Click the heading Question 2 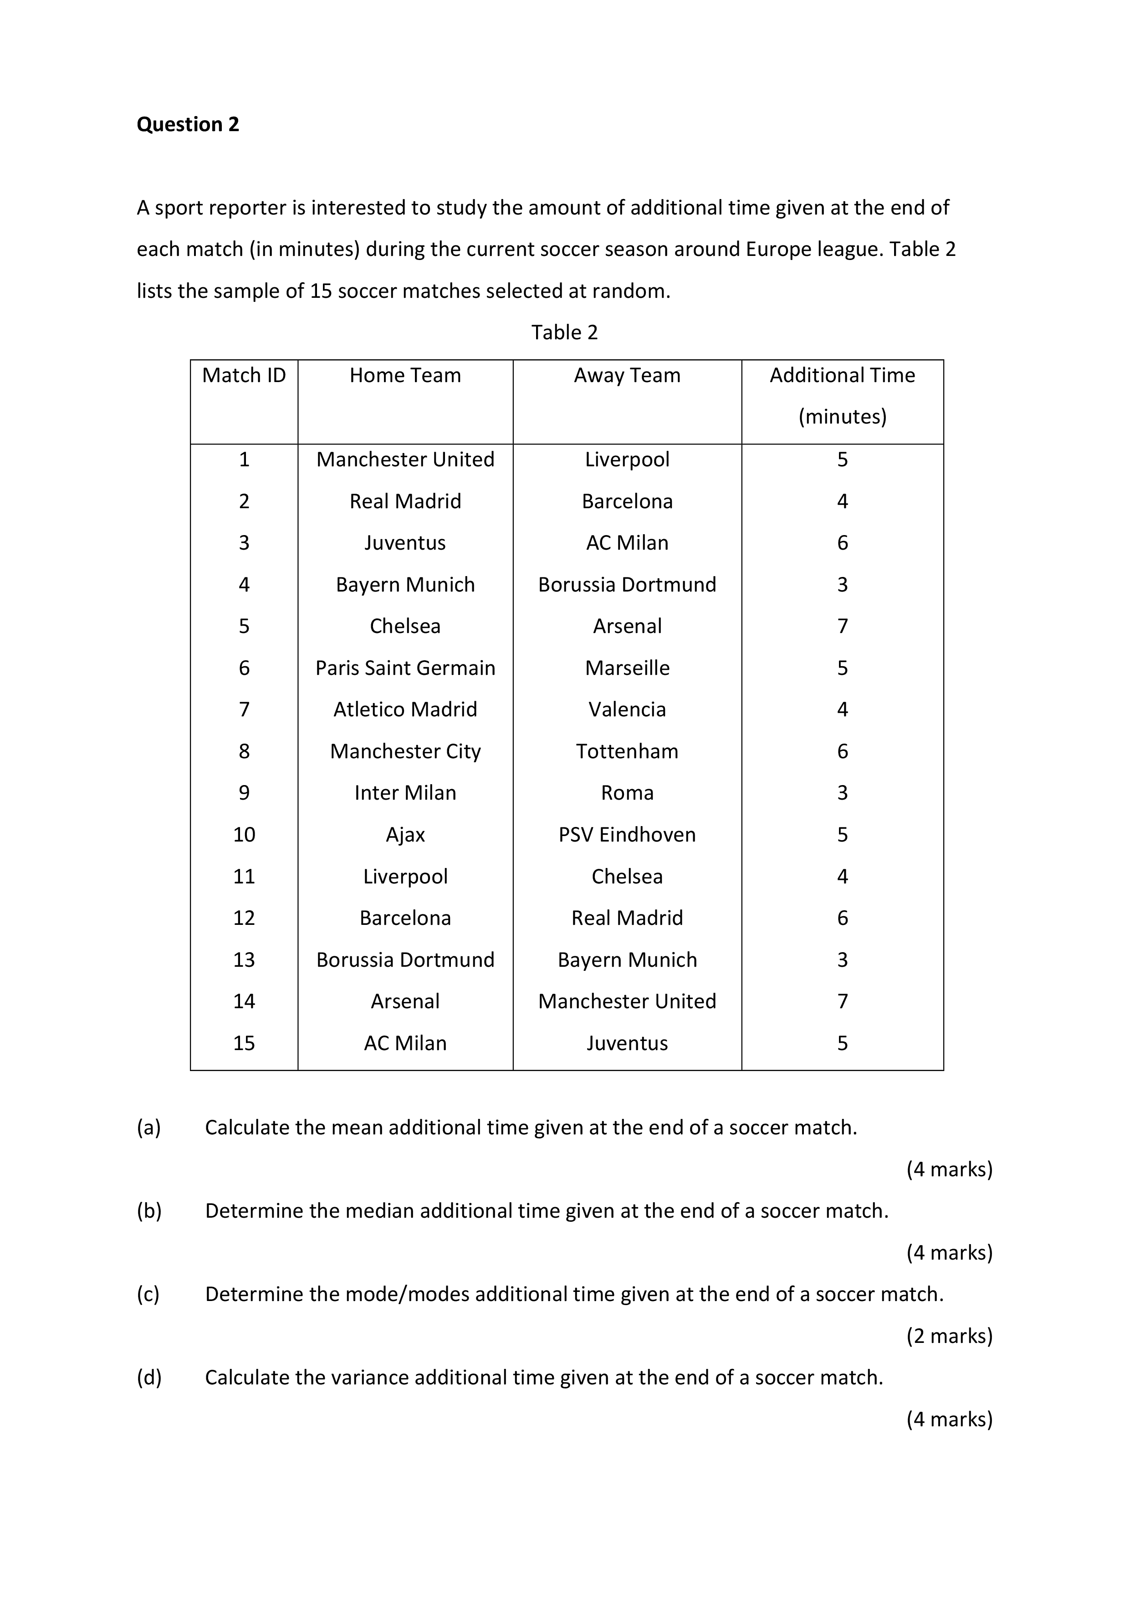[187, 124]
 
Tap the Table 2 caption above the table [564, 332]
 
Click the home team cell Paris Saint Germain [405, 668]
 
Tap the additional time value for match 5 [842, 626]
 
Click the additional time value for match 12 [842, 918]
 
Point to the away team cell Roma [627, 792]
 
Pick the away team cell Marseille [627, 668]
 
